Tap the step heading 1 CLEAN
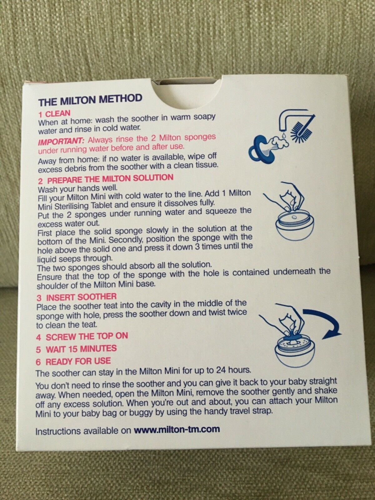[x=54, y=113]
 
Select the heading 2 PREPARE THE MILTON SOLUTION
[x=105, y=178]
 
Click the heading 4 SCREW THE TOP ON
[x=82, y=337]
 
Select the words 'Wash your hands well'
[x=77, y=189]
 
